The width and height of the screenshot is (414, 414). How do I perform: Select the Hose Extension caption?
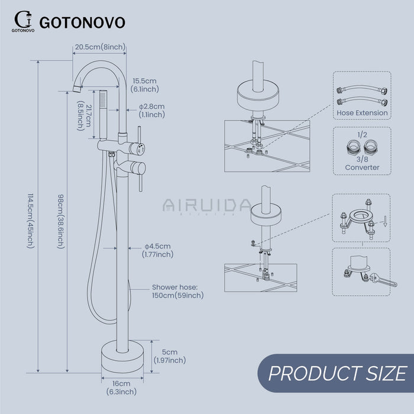tap(361, 112)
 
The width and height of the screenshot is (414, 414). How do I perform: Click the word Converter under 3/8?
tap(361, 167)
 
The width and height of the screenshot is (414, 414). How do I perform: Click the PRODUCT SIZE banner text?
tap(337, 374)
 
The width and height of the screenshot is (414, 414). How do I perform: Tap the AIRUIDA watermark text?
tap(198, 205)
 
